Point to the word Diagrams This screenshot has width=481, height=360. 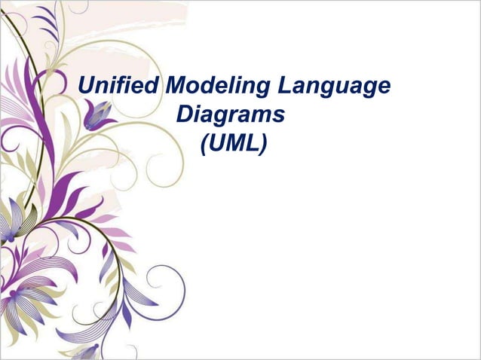coord(231,115)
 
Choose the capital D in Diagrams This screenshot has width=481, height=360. coord(183,114)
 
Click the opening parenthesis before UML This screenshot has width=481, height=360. coord(204,142)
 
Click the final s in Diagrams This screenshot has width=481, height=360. coord(280,116)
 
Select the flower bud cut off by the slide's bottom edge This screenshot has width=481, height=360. coord(90,351)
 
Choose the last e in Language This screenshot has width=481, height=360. coord(384,89)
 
